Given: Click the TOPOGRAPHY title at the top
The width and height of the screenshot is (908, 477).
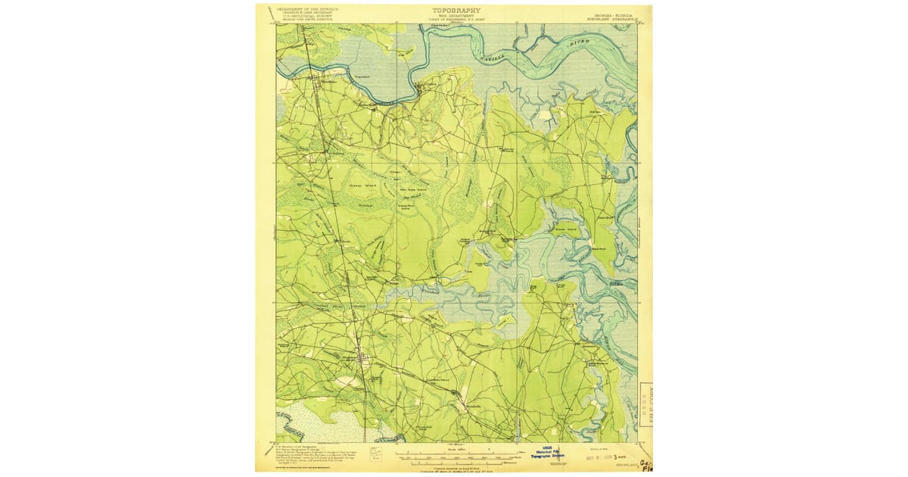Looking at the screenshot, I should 456,11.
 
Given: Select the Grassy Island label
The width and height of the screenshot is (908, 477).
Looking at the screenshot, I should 362,184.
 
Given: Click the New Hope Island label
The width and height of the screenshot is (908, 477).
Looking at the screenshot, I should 413,190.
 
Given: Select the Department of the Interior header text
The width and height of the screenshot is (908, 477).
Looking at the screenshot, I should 307,9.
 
